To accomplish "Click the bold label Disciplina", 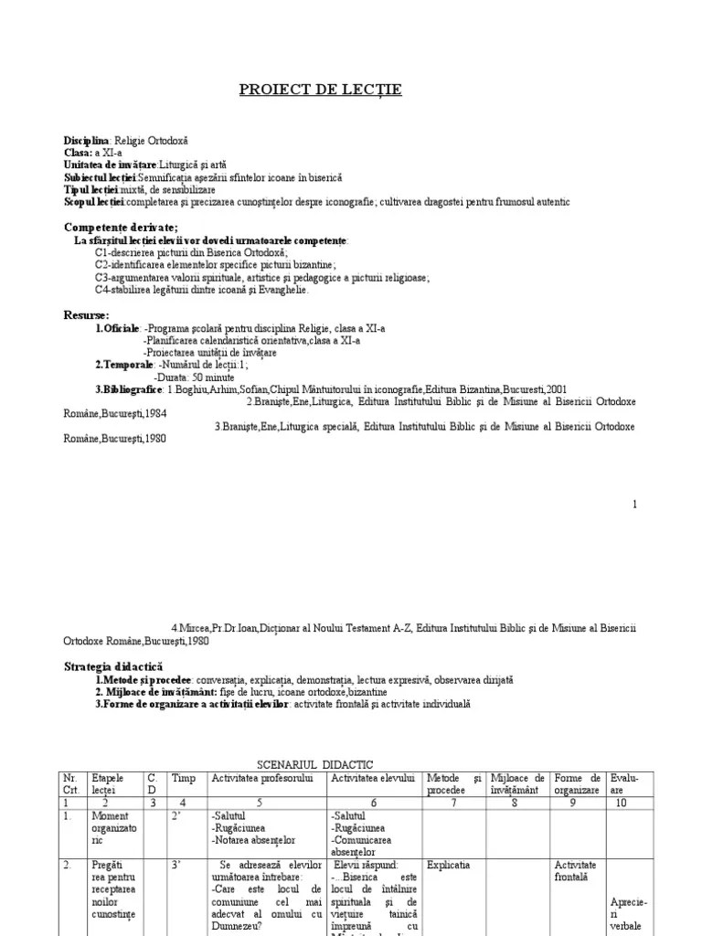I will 86,141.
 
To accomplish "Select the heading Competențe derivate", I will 121,227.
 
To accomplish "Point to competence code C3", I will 101,278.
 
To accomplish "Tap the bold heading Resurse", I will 86,315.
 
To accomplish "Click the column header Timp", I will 184,777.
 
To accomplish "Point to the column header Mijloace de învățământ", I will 517,782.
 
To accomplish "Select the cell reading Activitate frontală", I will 575,870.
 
